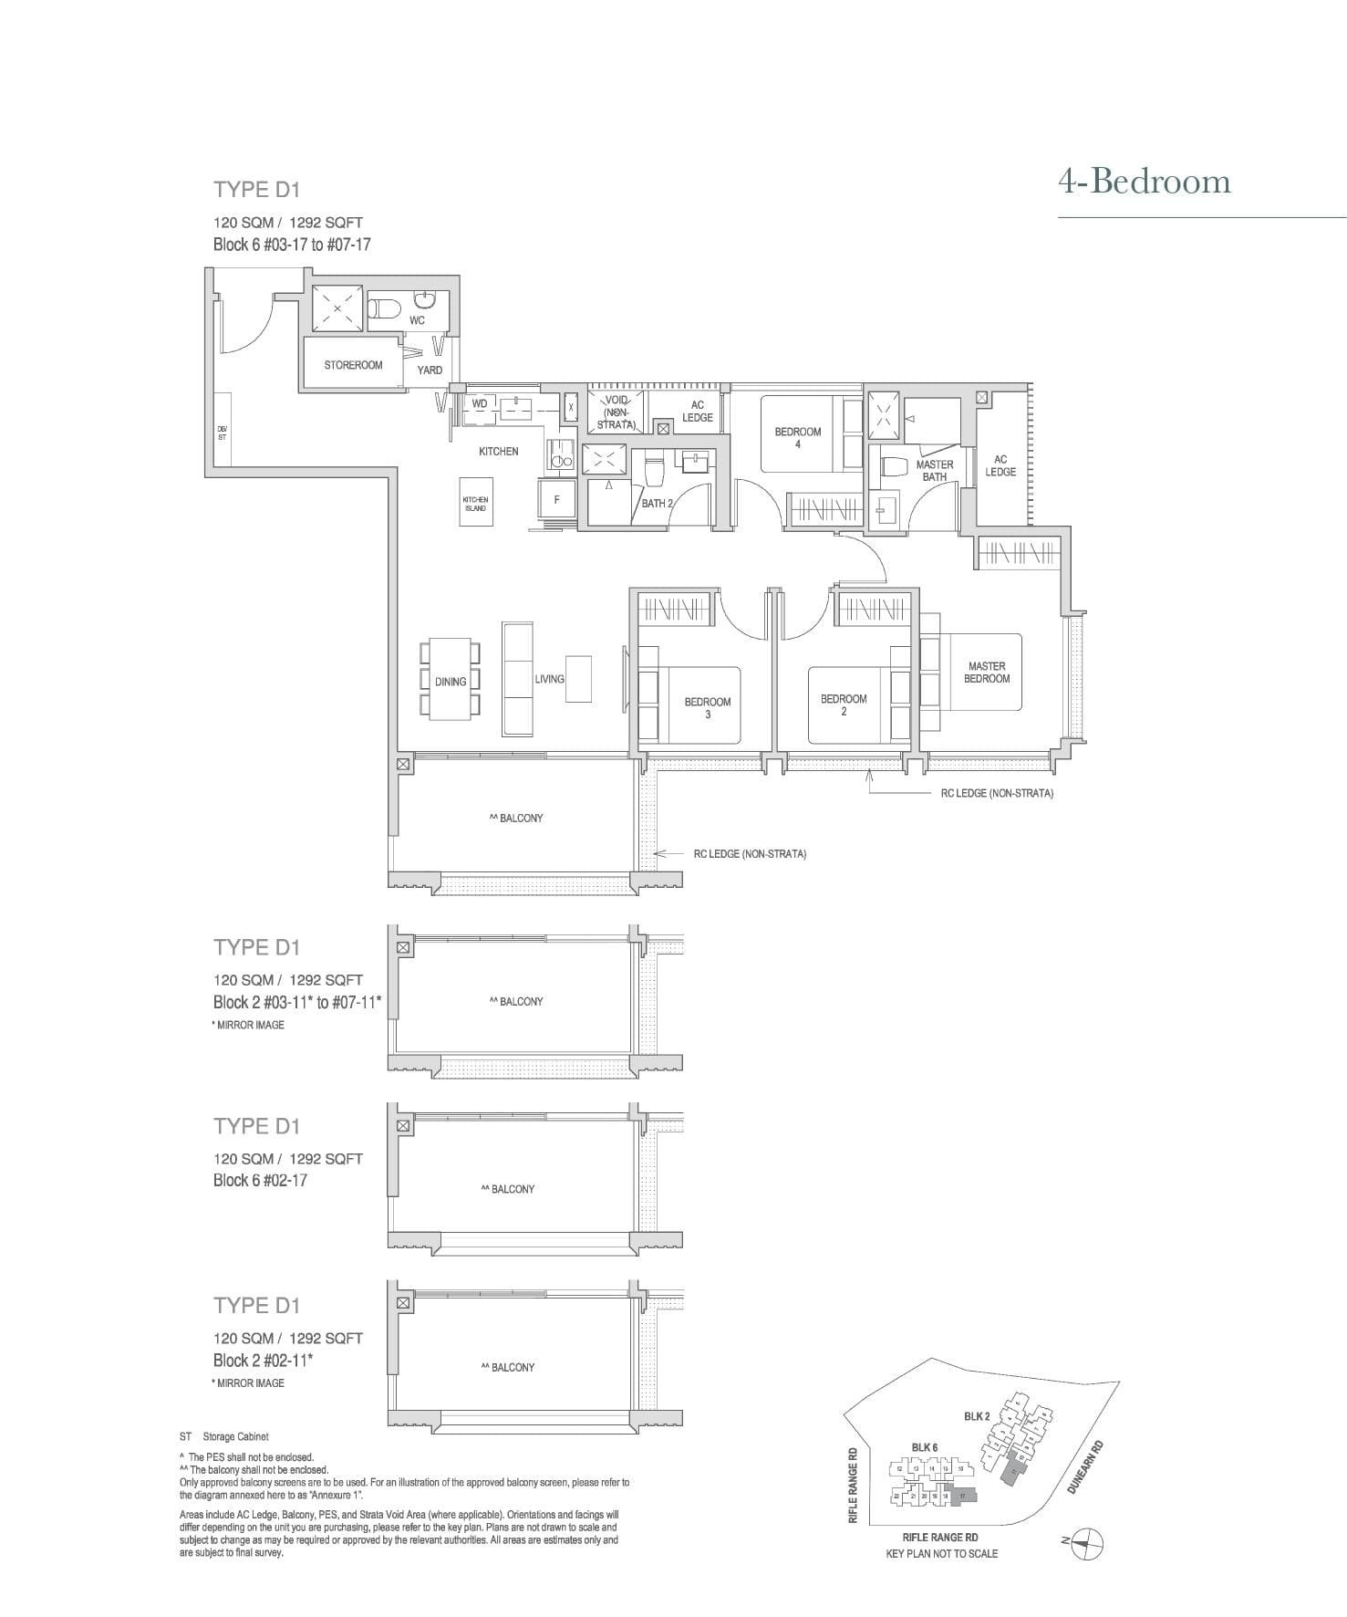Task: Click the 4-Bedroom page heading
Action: click(1144, 182)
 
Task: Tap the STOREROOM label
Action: click(353, 365)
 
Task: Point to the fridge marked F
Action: click(557, 500)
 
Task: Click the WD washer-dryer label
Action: click(479, 403)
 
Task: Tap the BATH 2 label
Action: click(657, 503)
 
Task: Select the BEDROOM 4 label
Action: click(798, 437)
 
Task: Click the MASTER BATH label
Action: click(934, 470)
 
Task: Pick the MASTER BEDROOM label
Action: click(987, 673)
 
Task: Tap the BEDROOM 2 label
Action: click(844, 704)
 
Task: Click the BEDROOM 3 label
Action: click(708, 707)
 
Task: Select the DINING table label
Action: click(451, 682)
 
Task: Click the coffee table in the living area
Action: click(578, 679)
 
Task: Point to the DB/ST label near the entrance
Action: click(222, 433)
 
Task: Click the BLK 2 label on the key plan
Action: click(976, 1415)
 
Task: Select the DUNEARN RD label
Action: click(1084, 1466)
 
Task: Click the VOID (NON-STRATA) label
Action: click(617, 412)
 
